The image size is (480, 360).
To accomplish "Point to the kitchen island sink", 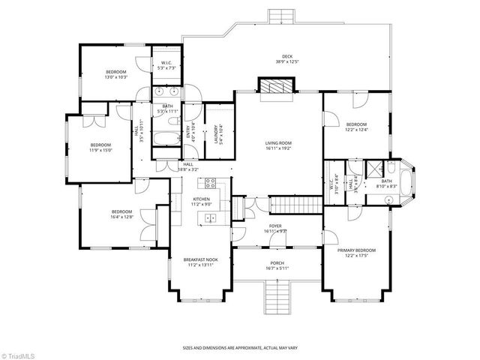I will pyautogui.click(x=211, y=218).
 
